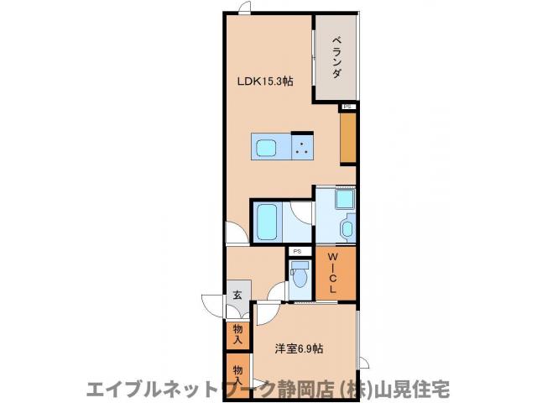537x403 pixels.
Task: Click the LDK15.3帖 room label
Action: pyautogui.click(x=263, y=81)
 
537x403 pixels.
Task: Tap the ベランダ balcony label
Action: pyautogui.click(x=336, y=57)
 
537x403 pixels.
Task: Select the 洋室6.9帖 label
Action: pyautogui.click(x=300, y=348)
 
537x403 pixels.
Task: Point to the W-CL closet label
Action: pyautogui.click(x=334, y=270)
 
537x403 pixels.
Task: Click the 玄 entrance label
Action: pyautogui.click(x=237, y=295)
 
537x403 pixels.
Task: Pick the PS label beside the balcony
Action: pyautogui.click(x=348, y=107)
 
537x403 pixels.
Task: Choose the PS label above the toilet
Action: pyautogui.click(x=297, y=251)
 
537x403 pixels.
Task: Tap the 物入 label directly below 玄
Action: pyautogui.click(x=237, y=334)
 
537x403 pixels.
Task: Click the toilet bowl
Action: pyautogui.click(x=298, y=274)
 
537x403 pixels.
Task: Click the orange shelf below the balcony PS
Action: pyautogui.click(x=348, y=137)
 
